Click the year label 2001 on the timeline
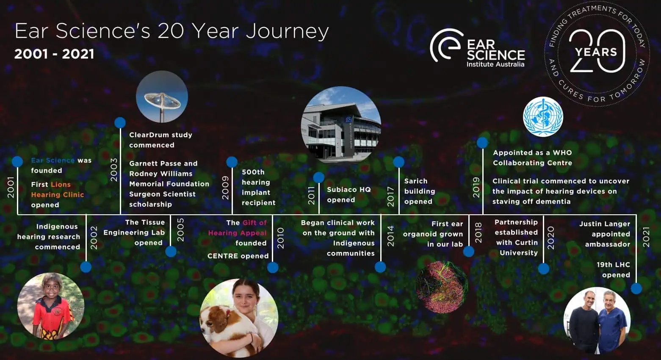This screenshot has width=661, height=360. (x=11, y=187)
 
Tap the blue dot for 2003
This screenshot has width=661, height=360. (x=120, y=122)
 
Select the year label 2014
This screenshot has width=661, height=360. (x=390, y=236)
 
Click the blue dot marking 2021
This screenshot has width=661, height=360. (x=636, y=288)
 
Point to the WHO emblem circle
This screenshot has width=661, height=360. (x=543, y=116)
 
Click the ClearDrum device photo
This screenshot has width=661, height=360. (x=162, y=97)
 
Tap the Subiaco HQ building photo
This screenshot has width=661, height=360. (x=341, y=125)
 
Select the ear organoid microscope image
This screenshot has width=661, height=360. (x=442, y=287)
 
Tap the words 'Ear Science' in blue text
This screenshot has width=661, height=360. (x=53, y=160)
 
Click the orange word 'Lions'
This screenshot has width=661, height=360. (x=61, y=184)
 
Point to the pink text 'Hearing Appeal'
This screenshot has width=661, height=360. (x=237, y=233)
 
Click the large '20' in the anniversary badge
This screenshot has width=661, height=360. (x=597, y=51)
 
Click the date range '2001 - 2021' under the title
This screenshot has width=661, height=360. (x=54, y=54)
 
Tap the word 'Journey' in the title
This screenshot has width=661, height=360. (x=287, y=32)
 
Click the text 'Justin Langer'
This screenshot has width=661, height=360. (x=605, y=224)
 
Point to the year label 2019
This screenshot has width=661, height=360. (x=476, y=187)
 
